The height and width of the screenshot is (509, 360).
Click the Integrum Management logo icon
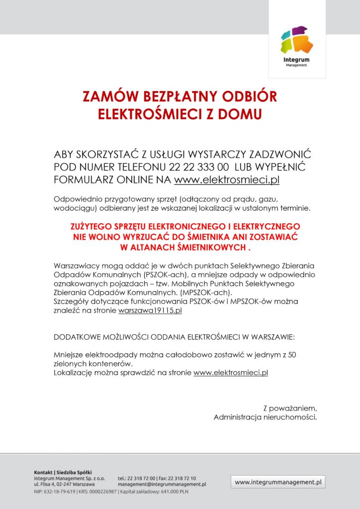click(x=296, y=41)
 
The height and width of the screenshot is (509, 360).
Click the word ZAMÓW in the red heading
click(x=103, y=96)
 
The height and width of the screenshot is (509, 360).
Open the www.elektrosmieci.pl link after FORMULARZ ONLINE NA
click(x=226, y=179)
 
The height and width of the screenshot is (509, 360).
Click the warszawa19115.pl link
click(x=150, y=311)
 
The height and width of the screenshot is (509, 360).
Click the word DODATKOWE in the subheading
click(x=77, y=337)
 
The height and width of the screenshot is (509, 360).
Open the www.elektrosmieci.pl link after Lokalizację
click(x=231, y=372)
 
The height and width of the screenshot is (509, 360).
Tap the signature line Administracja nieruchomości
click(x=265, y=417)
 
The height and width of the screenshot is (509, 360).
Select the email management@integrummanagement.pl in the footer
click(x=162, y=484)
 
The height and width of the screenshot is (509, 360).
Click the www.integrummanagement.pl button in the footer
click(x=278, y=482)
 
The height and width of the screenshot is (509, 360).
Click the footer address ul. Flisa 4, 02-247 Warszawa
click(x=64, y=484)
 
